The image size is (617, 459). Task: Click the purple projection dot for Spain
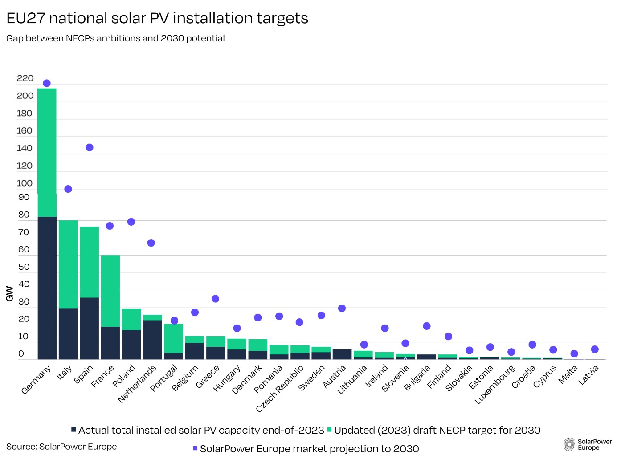89,147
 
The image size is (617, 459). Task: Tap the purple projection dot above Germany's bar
46,83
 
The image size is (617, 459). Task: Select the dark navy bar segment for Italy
68,333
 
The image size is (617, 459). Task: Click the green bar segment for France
110,291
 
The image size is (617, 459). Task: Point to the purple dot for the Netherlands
151,243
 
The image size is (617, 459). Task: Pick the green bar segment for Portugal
173,338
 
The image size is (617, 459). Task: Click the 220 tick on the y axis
25,78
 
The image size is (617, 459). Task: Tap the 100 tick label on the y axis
25,183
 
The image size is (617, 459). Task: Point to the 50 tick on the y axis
24,267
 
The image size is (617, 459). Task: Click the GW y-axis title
10,294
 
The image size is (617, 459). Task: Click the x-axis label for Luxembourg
495,384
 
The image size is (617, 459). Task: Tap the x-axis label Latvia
588,374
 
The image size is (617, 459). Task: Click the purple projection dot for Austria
342,308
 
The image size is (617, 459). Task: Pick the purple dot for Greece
215,299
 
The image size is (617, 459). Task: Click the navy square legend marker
74,430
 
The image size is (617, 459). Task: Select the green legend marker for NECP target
329,430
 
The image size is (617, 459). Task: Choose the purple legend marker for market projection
195,448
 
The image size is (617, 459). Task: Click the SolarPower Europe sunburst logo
569,444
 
